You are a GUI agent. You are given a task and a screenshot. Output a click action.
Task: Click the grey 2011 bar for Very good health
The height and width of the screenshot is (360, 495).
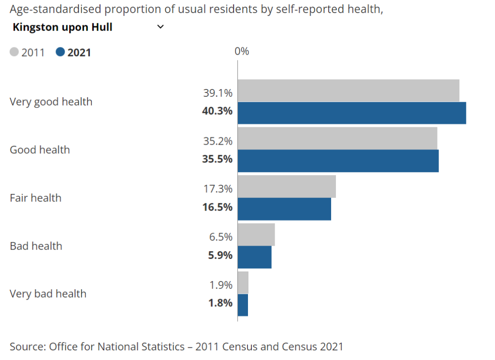click(348, 91)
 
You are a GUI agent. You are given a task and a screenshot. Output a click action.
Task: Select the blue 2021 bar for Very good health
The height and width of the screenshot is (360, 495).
click(351, 113)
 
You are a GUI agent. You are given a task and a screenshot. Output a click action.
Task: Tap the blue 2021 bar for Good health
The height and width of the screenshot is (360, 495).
click(338, 161)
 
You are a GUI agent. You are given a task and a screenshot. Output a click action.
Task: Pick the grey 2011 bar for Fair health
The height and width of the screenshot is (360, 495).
click(287, 187)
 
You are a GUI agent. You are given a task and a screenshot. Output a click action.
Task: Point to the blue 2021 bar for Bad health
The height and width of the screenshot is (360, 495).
click(254, 257)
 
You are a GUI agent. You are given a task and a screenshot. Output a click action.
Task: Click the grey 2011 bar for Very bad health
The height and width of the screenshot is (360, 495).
click(243, 283)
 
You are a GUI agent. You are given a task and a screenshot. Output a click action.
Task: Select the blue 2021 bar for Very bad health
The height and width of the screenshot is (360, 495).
click(243, 305)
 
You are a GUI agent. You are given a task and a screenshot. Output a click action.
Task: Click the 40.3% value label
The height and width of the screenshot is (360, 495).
click(217, 111)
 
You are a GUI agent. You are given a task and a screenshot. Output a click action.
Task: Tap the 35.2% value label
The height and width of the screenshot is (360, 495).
click(218, 141)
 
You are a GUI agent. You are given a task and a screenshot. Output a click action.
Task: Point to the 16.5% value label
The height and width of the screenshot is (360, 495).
click(217, 207)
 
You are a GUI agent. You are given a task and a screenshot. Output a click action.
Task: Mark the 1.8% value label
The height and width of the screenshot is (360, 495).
click(220, 303)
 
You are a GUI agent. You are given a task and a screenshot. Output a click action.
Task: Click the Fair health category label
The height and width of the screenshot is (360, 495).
click(36, 198)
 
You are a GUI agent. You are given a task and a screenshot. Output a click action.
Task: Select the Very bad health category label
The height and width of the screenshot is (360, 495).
click(48, 294)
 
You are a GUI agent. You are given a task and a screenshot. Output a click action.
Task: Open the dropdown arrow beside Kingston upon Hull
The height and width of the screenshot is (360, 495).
click(160, 27)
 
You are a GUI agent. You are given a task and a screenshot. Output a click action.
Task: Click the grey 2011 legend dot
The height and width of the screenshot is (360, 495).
click(15, 52)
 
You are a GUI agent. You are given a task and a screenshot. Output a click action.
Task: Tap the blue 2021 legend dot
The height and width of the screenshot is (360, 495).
click(60, 52)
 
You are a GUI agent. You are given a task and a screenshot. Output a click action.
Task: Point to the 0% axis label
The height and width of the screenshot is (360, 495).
click(242, 51)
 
